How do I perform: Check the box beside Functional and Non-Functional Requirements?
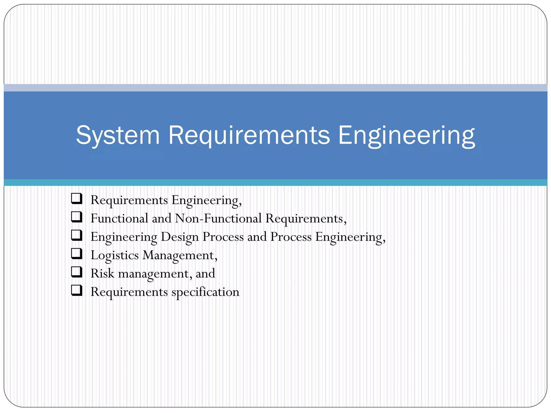tap(77, 217)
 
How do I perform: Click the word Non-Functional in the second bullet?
tap(218, 218)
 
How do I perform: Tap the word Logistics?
tap(115, 255)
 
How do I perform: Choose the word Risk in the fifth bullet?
tap(103, 273)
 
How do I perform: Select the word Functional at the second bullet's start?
tap(119, 218)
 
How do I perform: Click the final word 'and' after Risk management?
tap(205, 273)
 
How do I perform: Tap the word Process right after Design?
tap(223, 237)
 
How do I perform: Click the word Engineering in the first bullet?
tap(206, 200)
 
